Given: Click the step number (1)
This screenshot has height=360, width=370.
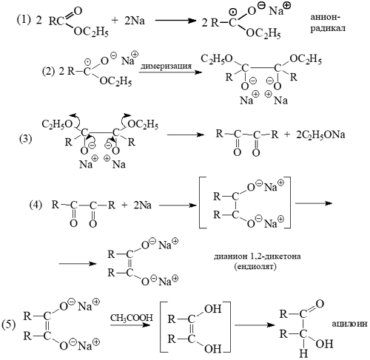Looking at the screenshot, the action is pos(24,20).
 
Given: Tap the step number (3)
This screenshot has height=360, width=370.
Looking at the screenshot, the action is pos(26,139).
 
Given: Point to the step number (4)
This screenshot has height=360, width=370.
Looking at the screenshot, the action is pos(36,205).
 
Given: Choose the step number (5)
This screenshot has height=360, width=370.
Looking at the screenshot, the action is pos(8,325).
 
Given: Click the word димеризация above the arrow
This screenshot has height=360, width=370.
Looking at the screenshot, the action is pos(166,66).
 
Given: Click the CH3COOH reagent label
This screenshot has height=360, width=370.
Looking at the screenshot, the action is pos(132,318).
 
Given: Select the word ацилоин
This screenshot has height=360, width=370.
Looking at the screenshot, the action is pos(350,324).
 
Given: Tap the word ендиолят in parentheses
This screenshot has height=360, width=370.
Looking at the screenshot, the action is pos(255,267).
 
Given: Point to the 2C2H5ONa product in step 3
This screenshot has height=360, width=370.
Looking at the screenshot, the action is pos(320,135).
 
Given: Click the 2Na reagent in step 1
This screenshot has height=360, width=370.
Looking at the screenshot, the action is pos(135,21).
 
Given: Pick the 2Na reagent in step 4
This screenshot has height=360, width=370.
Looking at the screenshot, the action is pos(142,206).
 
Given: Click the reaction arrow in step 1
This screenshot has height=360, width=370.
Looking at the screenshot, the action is pos(175,21).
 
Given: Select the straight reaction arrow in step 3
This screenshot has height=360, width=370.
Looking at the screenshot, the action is pos(186,135).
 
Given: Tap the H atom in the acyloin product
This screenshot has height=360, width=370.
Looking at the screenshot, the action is pos(303,353).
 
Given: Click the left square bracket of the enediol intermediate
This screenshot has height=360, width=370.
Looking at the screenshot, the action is pos(161,327).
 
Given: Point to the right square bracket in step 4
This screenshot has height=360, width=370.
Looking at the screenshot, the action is pos(288,203).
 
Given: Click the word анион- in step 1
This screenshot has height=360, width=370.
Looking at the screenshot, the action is pos(326,18).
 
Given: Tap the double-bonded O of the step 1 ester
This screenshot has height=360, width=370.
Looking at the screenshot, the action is pos(78,11).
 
